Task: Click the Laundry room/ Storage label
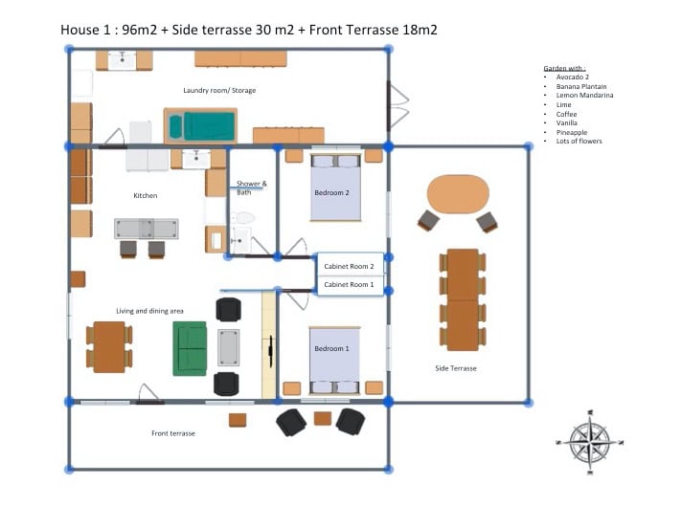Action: coord(219,90)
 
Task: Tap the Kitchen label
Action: coord(146,195)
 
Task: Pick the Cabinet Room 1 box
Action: coord(351,285)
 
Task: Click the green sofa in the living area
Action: coord(190,348)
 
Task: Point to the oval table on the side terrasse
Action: coord(458,194)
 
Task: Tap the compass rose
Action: coord(590,442)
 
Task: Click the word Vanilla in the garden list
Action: coord(567,123)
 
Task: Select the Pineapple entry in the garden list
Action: coord(572,132)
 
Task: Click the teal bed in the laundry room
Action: coord(201,126)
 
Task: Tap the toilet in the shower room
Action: coord(242,217)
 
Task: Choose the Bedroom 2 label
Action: coord(331,192)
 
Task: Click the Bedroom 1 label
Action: coord(331,348)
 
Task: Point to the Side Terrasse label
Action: coord(456,368)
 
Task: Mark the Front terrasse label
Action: coord(173,433)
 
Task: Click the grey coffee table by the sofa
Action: coord(228,347)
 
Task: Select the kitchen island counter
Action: coord(147,229)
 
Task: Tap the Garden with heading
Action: coord(564,68)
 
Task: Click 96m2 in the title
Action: coord(139,30)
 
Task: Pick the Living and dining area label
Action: coord(149,311)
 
